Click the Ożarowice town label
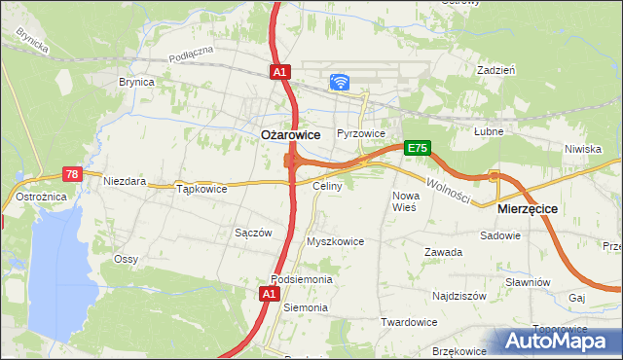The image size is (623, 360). click(x=293, y=136)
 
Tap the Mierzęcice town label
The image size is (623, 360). click(x=527, y=208)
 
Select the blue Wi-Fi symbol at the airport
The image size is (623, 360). click(x=340, y=82)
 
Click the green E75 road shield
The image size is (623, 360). click(x=417, y=148)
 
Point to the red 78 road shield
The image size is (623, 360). click(x=71, y=174)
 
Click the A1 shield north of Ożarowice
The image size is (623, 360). click(x=279, y=72)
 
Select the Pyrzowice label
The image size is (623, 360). click(x=361, y=133)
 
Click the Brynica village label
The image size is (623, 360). click(x=136, y=83)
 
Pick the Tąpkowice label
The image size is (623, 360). click(x=202, y=189)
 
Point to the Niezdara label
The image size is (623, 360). click(x=126, y=181)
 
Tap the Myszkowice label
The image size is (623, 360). click(x=335, y=241)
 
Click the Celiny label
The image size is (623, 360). click(x=325, y=185)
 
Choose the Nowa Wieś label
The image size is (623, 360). click(x=404, y=201)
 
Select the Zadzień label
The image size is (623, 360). click(x=495, y=70)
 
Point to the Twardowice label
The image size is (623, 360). click(x=408, y=322)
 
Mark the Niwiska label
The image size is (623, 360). click(x=582, y=149)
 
